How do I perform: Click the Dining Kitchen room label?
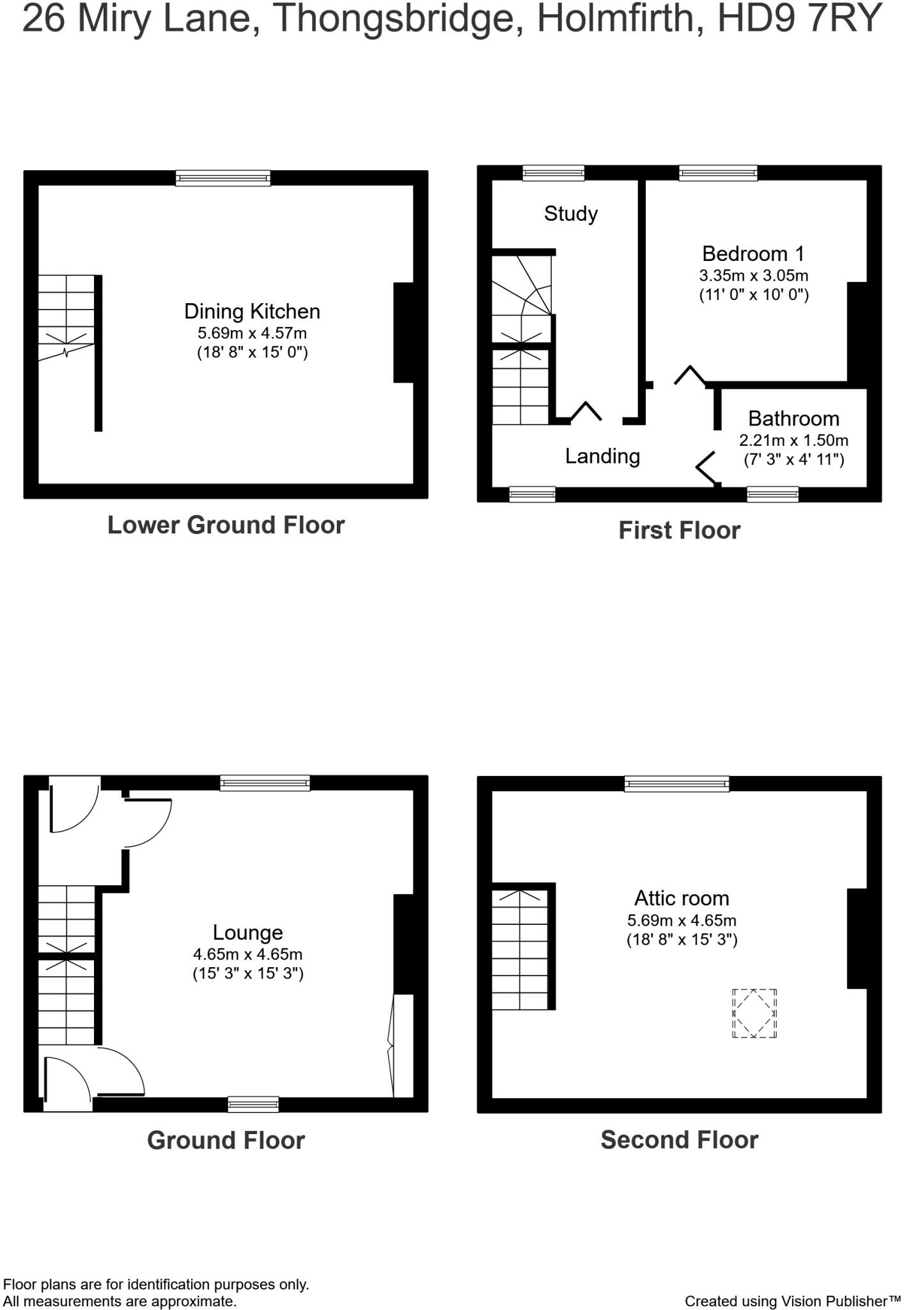tap(252, 312)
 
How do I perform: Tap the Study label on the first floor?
tap(570, 214)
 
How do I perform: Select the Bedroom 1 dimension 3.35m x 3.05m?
tap(753, 276)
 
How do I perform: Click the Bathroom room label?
tap(793, 418)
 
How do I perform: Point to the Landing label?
tap(602, 456)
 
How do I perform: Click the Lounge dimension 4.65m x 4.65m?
tap(247, 954)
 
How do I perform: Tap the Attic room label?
tap(682, 898)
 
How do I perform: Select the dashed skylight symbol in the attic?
tap(754, 1013)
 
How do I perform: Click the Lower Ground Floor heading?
tap(226, 525)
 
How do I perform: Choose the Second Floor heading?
tap(679, 1139)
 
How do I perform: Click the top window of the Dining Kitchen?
tap(223, 178)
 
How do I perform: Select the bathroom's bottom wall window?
tap(772, 494)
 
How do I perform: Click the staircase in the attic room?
tap(520, 949)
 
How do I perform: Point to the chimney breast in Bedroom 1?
tap(857, 333)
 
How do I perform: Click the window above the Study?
tap(553, 173)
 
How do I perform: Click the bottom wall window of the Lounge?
tap(253, 1104)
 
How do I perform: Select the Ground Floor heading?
tap(226, 1140)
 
